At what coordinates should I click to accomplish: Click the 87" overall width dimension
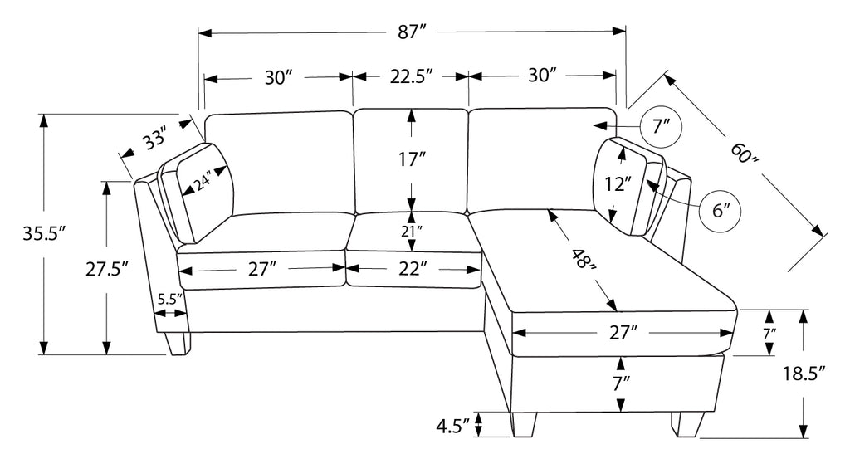[x=410, y=32]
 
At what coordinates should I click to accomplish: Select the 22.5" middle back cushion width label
[x=411, y=76]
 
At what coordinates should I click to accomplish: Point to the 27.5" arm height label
[x=107, y=268]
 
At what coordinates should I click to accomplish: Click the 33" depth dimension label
[x=154, y=139]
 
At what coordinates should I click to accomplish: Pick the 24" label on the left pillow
[x=204, y=181]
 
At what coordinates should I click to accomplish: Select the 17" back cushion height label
[x=412, y=159]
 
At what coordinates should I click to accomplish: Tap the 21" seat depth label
[x=412, y=232]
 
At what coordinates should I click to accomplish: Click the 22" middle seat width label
[x=411, y=268]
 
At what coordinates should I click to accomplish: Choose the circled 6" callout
[x=720, y=211]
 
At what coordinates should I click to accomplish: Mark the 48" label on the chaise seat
[x=584, y=258]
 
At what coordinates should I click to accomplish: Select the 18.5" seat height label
[x=804, y=374]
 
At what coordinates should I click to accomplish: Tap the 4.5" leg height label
[x=452, y=427]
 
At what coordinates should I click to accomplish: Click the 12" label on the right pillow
[x=618, y=184]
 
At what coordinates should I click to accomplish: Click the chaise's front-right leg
[x=687, y=424]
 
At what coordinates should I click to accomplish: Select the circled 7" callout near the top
[x=661, y=127]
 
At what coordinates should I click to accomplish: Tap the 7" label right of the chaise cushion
[x=769, y=334]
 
